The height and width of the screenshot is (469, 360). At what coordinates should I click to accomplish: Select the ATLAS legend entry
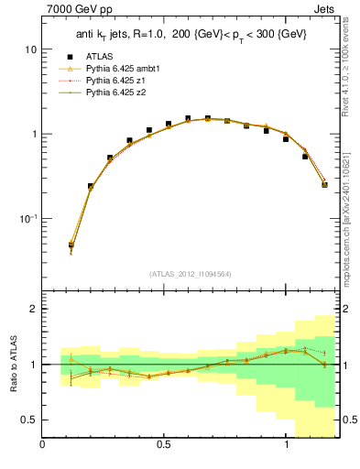click(100, 56)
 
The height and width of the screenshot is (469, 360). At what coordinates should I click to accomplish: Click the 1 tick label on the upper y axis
click(34, 134)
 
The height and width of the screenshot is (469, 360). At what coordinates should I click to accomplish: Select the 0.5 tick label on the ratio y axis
click(29, 420)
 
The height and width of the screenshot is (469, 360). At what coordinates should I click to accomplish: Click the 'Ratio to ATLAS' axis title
click(12, 365)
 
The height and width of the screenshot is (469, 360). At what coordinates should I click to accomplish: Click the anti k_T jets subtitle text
click(191, 34)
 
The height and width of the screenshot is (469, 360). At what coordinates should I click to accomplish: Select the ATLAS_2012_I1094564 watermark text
click(191, 274)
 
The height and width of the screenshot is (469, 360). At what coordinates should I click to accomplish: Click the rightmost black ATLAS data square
click(325, 184)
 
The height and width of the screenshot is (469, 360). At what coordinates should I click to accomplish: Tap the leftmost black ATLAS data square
click(71, 245)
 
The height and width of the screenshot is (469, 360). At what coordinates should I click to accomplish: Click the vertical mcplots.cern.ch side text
click(351, 211)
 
